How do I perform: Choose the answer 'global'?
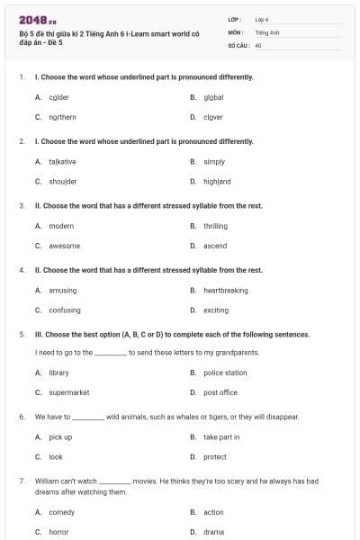pos(213,97)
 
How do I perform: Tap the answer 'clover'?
pos(212,117)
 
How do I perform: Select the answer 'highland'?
pos(217,182)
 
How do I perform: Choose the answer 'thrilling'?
pos(215,226)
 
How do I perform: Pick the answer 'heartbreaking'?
pos(225,291)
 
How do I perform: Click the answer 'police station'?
pos(225,373)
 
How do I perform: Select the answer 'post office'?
pos(220,392)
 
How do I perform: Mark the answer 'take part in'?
pos(221,437)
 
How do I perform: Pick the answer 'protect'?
pos(214,457)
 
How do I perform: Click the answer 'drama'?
pos(213,532)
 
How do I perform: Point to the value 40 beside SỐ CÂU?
pos(258,45)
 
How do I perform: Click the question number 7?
pos(21,481)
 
